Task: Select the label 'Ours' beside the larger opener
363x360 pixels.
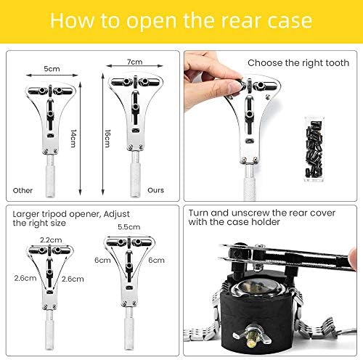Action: pyautogui.click(x=155, y=190)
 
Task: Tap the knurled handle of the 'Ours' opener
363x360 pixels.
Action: pyautogui.click(x=135, y=179)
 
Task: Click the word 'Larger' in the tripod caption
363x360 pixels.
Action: pyautogui.click(x=27, y=215)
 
